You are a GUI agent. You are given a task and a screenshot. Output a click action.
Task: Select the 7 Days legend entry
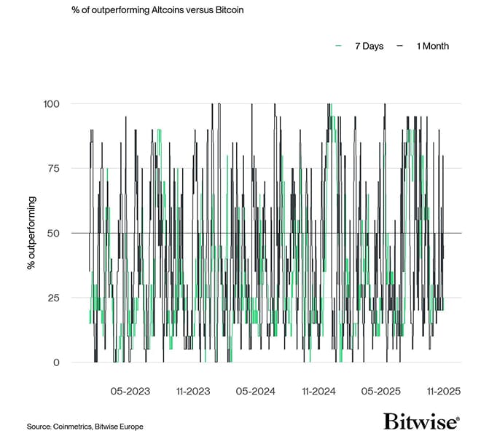click(368, 46)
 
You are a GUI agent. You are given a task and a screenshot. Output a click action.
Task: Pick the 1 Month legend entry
click(432, 46)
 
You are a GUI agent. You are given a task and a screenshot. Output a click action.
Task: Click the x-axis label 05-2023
click(130, 392)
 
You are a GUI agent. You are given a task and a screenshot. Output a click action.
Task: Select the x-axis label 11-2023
click(193, 392)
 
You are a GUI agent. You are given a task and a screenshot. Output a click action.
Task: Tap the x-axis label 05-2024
click(256, 392)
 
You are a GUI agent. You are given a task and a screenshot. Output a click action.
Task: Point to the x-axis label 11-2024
click(318, 392)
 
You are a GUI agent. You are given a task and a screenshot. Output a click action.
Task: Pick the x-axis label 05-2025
click(381, 392)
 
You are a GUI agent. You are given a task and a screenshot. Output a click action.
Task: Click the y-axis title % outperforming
click(31, 233)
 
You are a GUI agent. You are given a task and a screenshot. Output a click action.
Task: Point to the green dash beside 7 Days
click(339, 46)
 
